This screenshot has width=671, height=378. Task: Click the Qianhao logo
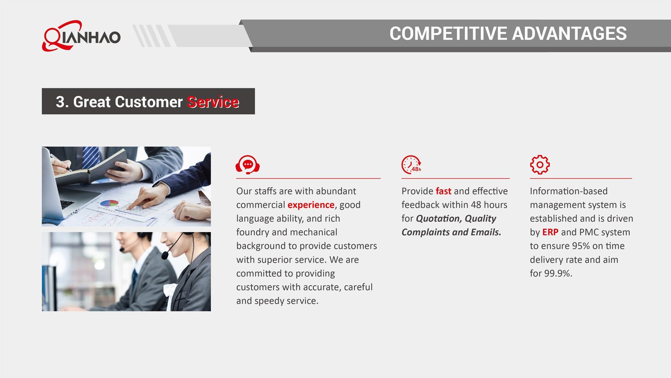[81, 36]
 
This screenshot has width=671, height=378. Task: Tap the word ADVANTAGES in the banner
[569, 33]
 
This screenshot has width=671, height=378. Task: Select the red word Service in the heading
[213, 102]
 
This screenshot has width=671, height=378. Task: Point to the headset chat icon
[247, 165]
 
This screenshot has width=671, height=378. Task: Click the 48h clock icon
[411, 165]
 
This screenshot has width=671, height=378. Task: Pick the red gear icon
[540, 165]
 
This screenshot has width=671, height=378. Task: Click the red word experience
[311, 205]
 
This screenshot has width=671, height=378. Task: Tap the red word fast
[443, 191]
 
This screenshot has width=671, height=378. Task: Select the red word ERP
[550, 232]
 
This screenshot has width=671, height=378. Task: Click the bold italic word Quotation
[439, 219]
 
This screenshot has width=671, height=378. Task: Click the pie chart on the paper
[109, 203]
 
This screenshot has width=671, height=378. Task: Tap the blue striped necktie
[91, 158]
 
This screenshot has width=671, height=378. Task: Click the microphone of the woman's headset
[165, 255]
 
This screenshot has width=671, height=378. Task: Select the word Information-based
[569, 191]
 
